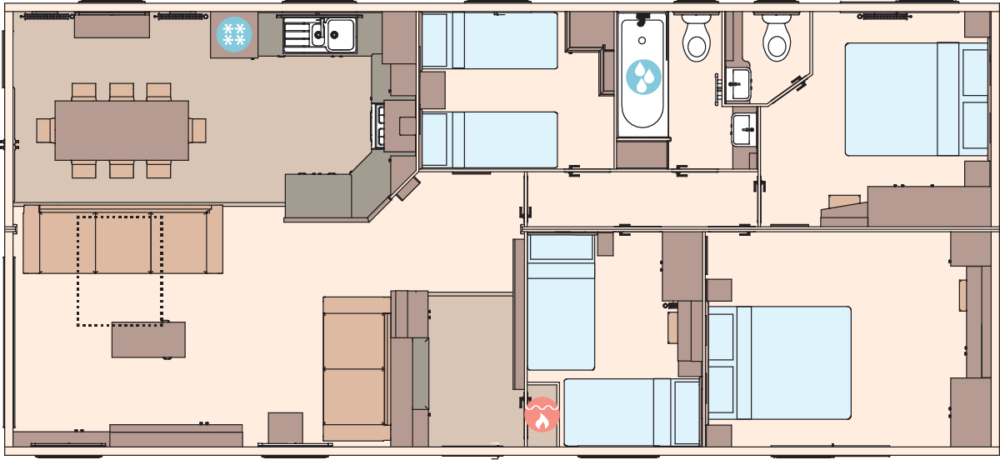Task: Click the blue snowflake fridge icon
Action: click(x=234, y=35)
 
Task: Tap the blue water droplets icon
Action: click(x=643, y=77)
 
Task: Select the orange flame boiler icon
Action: click(x=542, y=414)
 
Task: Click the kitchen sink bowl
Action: click(x=340, y=34)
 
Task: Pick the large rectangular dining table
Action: click(x=122, y=130)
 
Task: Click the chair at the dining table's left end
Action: click(x=45, y=130)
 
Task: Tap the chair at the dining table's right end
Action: click(x=197, y=130)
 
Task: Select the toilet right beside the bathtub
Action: click(x=696, y=37)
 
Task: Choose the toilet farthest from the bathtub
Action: click(x=777, y=37)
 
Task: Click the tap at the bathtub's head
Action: click(x=642, y=18)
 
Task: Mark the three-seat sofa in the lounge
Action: click(x=122, y=241)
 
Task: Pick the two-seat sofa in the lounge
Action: click(x=357, y=368)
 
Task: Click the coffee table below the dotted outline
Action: click(x=148, y=340)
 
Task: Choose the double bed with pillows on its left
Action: click(x=779, y=362)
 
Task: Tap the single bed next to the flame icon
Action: click(x=631, y=412)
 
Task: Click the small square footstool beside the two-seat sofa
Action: click(x=285, y=427)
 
